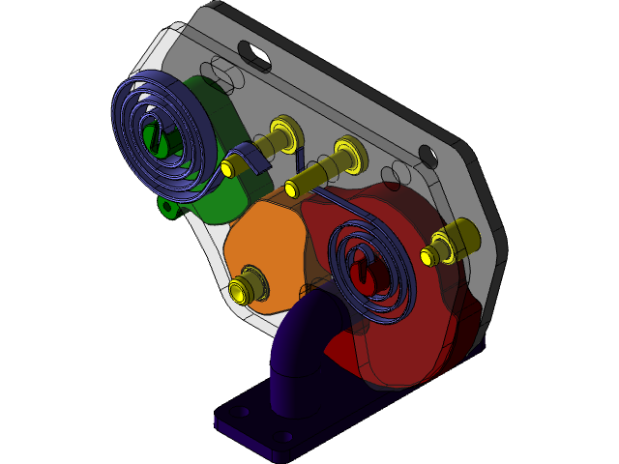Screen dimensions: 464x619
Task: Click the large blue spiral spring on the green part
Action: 136,106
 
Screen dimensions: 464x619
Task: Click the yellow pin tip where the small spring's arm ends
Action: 291,187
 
